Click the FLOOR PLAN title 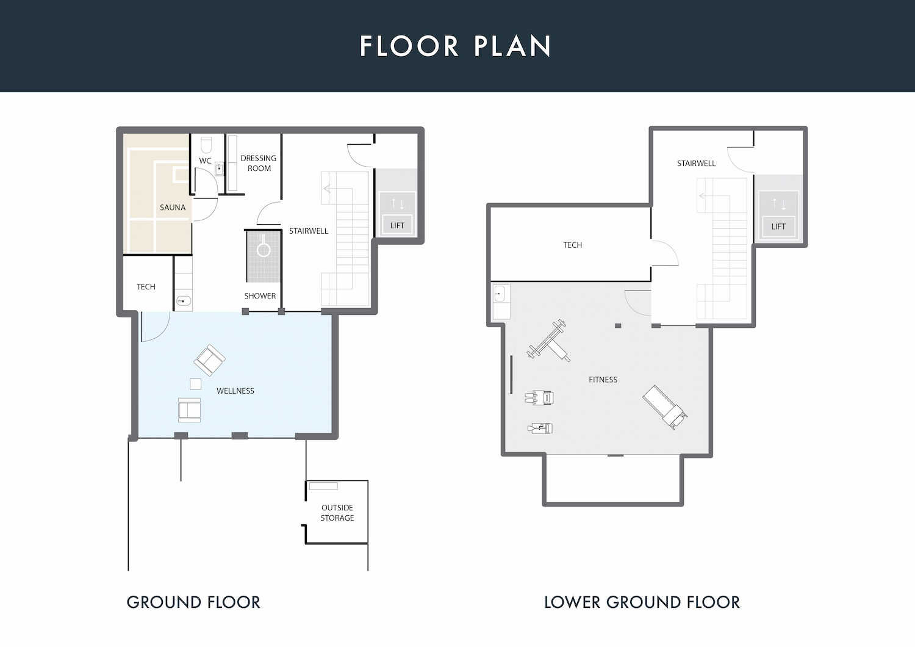tap(456, 46)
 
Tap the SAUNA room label tap(173, 207)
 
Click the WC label tap(205, 161)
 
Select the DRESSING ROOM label tap(258, 163)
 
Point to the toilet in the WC tap(206, 145)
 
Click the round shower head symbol tap(264, 249)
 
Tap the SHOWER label tap(260, 295)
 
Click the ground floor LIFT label tap(397, 226)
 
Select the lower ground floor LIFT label tap(778, 226)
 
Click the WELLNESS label tap(235, 391)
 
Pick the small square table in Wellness tap(196, 384)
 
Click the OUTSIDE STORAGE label tap(337, 513)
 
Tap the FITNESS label tap(603, 380)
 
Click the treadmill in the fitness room tap(665, 407)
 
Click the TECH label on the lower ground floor tap(572, 245)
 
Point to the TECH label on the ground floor tap(146, 286)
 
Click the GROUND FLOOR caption tap(193, 602)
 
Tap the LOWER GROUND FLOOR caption tap(642, 602)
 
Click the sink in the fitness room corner tap(499, 294)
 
